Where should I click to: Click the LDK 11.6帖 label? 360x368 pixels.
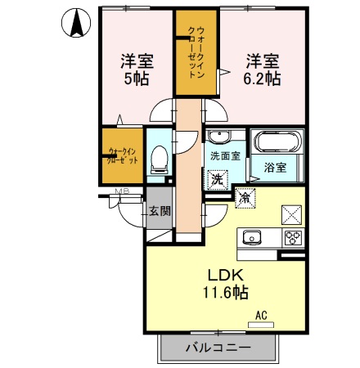(220, 282)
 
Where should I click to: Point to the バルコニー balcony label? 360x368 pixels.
(217, 348)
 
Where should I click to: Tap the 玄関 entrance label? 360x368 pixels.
(160, 210)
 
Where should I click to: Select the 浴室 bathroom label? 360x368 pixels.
(275, 168)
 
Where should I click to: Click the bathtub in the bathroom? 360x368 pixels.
(275, 141)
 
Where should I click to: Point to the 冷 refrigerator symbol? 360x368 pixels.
(245, 196)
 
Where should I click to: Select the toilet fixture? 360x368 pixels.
(160, 155)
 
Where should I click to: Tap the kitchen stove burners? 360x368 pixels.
(292, 237)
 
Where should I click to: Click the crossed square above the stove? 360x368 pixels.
(292, 214)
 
